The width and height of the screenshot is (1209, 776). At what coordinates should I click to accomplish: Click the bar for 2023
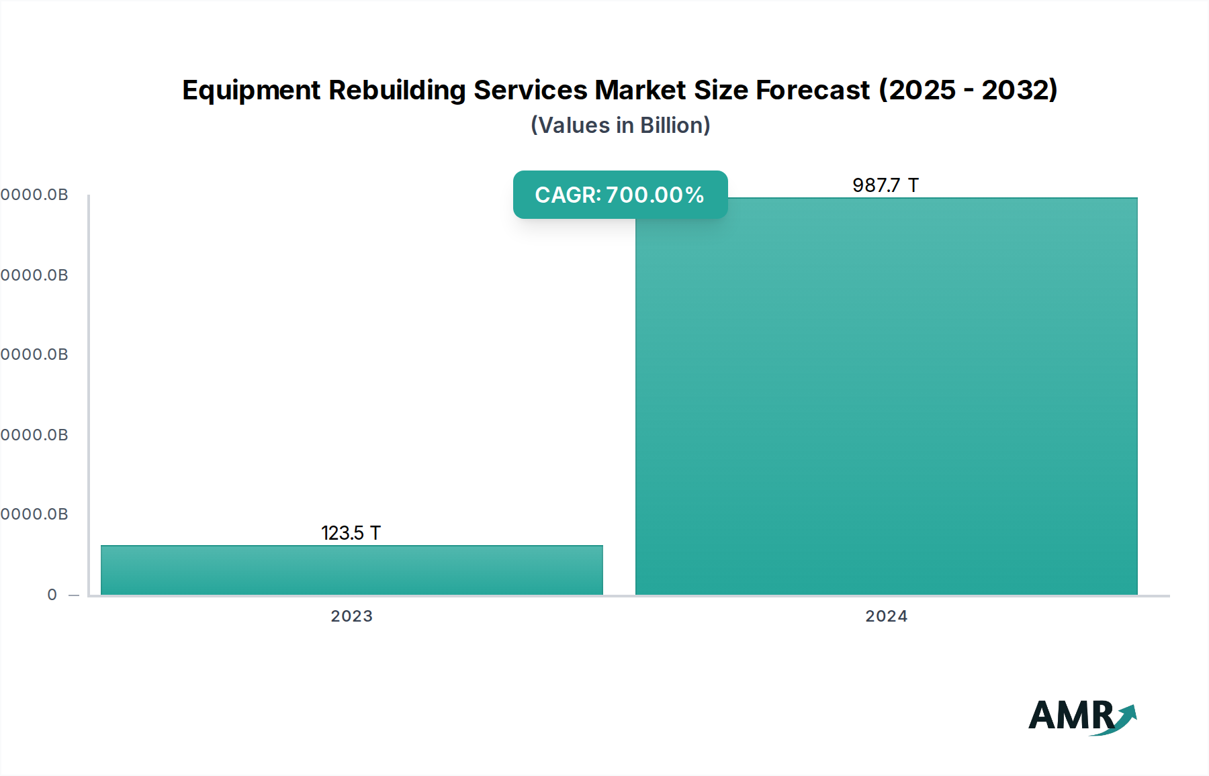click(x=351, y=570)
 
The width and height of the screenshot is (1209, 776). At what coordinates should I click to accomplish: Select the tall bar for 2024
click(x=886, y=396)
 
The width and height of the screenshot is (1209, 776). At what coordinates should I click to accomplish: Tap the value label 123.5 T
click(x=351, y=533)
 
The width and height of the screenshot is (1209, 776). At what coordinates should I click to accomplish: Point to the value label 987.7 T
click(x=885, y=185)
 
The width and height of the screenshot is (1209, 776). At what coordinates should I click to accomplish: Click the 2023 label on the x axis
click(x=351, y=616)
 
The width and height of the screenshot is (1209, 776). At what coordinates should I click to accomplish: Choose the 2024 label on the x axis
click(x=886, y=616)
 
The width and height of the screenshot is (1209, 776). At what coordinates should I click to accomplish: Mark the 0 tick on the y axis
click(x=52, y=595)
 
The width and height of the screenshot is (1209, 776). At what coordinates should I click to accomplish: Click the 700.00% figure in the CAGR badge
click(x=655, y=195)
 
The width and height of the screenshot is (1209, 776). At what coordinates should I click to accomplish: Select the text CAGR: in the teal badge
click(x=568, y=195)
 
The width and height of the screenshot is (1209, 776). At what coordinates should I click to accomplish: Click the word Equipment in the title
click(x=251, y=91)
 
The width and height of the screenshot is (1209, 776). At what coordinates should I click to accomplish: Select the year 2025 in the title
click(x=921, y=90)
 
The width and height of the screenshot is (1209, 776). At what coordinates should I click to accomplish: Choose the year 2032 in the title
click(x=1016, y=90)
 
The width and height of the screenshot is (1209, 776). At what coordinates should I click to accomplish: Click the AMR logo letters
click(x=1071, y=716)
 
